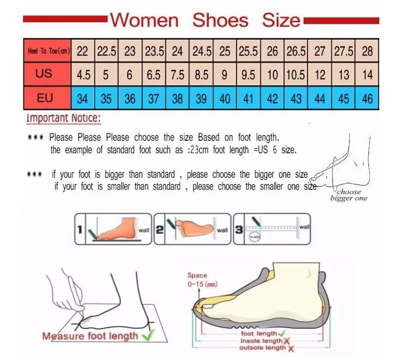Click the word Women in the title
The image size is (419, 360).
coord(144,20)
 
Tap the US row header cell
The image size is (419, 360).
coord(44,74)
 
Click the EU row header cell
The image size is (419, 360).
coord(45,98)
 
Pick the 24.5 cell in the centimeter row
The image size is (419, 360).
coord(202,51)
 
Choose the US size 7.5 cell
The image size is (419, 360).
coord(177,74)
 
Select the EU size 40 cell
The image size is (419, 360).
coord(225,98)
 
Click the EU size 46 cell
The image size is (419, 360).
coord(367,98)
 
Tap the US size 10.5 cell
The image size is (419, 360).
coord(296,74)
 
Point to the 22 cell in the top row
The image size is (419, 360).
coord(82,51)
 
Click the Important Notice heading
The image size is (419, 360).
coord(64,118)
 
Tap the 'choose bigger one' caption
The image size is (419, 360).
coord(349,195)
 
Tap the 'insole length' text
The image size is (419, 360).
coord(261,341)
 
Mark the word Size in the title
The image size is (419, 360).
coord(281,20)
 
